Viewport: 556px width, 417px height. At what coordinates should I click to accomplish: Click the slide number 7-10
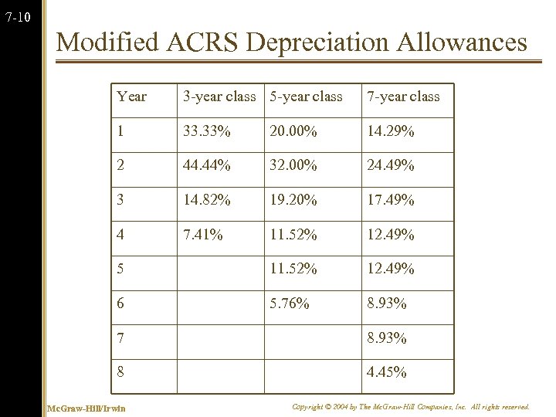click(x=18, y=16)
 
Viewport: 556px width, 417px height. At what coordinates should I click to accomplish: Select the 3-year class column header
click(x=219, y=97)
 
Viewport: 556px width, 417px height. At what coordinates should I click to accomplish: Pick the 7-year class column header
click(x=403, y=97)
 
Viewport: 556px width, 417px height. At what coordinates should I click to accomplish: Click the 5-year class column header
click(x=306, y=97)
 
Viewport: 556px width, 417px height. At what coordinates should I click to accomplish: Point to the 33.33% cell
click(x=206, y=131)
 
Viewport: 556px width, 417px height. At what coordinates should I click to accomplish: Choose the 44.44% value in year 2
click(x=206, y=165)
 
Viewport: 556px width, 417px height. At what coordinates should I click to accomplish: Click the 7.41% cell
click(x=202, y=234)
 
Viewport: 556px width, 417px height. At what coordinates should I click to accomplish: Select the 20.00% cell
click(x=293, y=131)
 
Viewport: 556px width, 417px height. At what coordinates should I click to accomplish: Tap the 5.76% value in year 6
click(x=290, y=303)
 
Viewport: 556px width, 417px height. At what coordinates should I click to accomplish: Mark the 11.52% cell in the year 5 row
click(x=293, y=269)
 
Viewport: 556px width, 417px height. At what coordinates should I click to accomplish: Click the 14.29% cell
click(x=391, y=131)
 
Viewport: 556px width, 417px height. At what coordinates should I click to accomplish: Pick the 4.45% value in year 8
click(x=387, y=372)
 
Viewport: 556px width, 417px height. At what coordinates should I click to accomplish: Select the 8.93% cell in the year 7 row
click(x=387, y=337)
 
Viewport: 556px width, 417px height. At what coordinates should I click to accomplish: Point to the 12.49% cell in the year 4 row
click(x=391, y=234)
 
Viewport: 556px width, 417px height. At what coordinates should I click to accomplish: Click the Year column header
click(x=131, y=97)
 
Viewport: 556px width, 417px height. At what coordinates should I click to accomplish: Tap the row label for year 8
click(x=120, y=372)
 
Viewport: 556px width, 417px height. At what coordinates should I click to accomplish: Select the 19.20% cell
click(x=293, y=200)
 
